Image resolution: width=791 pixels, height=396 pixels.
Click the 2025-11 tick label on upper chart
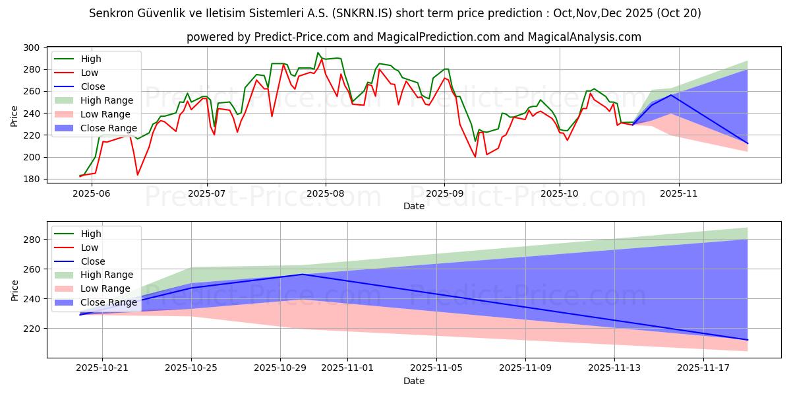coord(678,193)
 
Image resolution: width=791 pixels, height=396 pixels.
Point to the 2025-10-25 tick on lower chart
coord(191,367)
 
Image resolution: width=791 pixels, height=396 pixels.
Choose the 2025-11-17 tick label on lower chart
coord(703,367)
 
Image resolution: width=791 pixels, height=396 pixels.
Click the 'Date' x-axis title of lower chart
coord(415,381)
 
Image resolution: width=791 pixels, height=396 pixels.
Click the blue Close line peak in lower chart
coord(302,275)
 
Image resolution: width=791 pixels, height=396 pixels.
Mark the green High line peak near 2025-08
coord(318,53)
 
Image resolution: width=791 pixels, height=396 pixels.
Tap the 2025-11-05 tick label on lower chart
coord(436,367)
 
